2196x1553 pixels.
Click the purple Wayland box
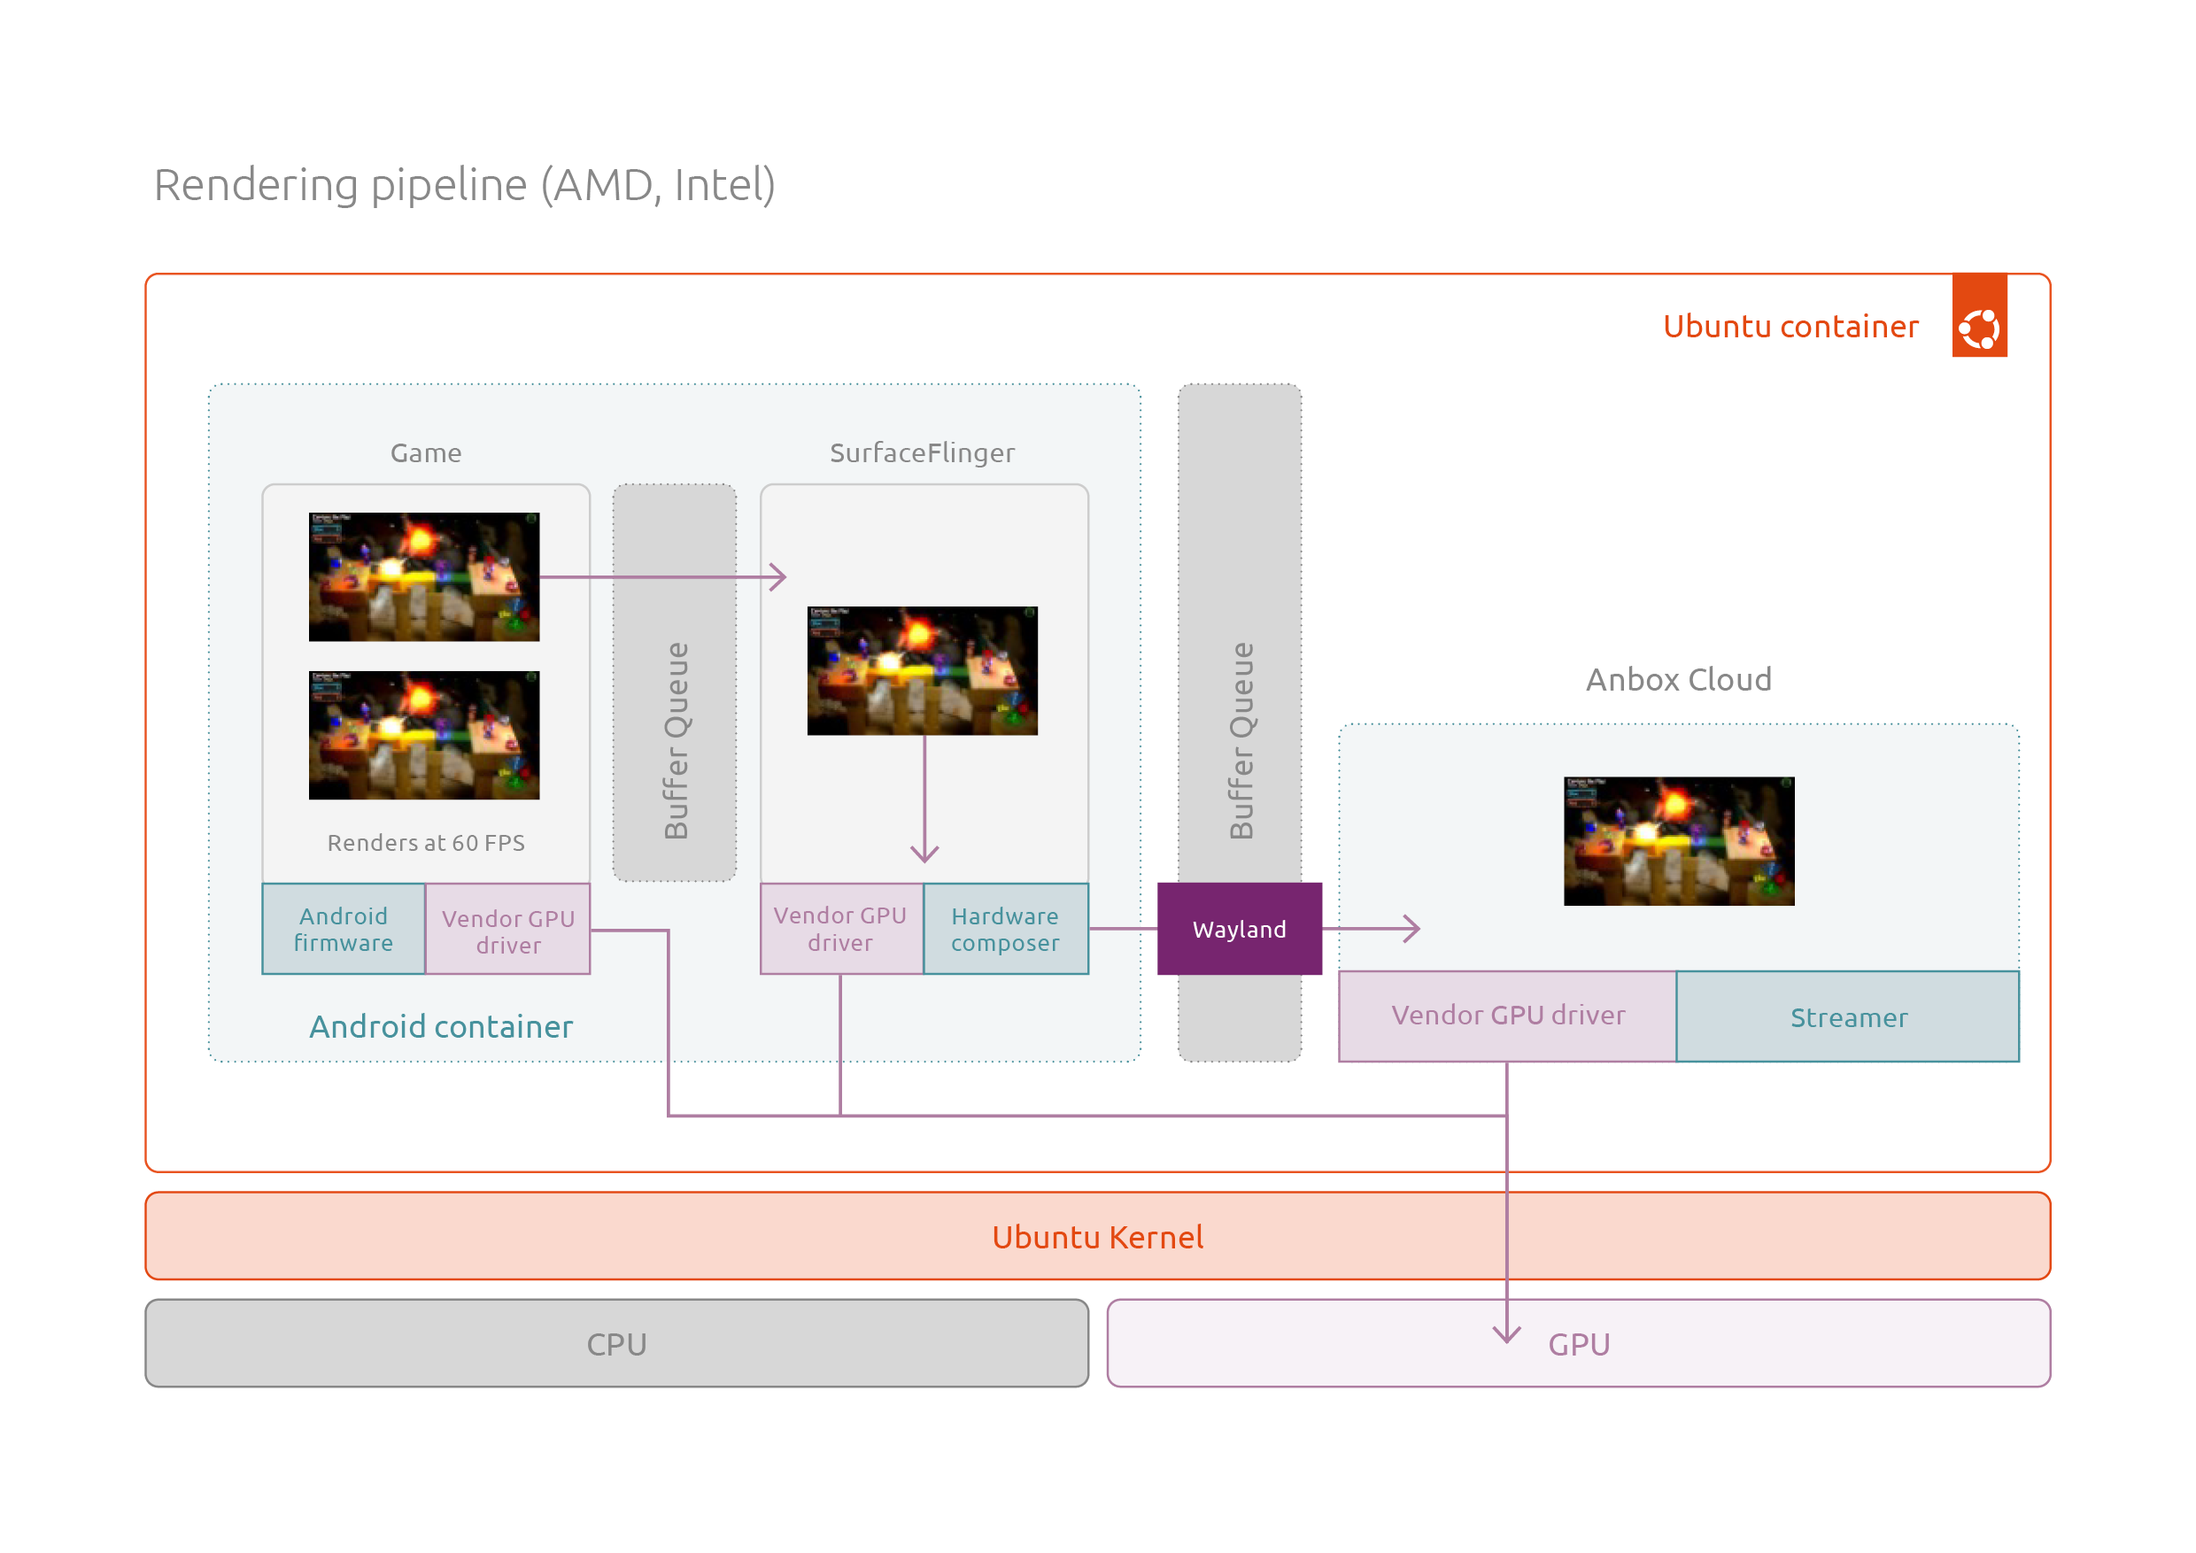(1240, 929)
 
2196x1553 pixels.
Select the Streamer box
(1848, 1016)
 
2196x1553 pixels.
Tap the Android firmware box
(344, 929)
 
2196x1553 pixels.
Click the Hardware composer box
(1005, 929)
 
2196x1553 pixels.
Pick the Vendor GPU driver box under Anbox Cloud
(1507, 1016)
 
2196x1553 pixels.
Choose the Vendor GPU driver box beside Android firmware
(508, 929)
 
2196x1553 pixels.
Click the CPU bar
(617, 1342)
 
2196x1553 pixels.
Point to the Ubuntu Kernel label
(1097, 1237)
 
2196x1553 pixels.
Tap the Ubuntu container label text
(1790, 326)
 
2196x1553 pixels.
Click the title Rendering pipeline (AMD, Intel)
(465, 184)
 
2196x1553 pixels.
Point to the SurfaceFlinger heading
(922, 452)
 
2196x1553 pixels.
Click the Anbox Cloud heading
(1679, 679)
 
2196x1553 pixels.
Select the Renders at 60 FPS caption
(426, 843)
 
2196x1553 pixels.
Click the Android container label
(441, 1026)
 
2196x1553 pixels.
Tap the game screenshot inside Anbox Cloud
(1679, 840)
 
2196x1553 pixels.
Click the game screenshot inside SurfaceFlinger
(922, 670)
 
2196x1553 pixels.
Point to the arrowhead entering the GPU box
(1506, 1335)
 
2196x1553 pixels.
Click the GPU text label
(1579, 1345)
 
